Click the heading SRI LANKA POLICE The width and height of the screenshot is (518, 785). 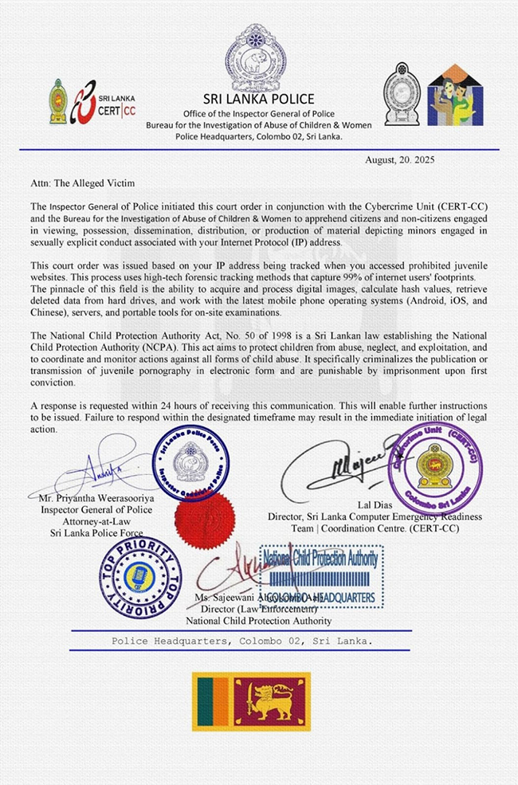(x=258, y=99)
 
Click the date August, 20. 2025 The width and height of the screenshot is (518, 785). (x=399, y=159)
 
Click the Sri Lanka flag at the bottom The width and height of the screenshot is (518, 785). (x=251, y=701)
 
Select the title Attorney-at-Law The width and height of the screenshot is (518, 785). (x=95, y=520)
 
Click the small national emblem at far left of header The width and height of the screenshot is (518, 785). (x=57, y=101)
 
